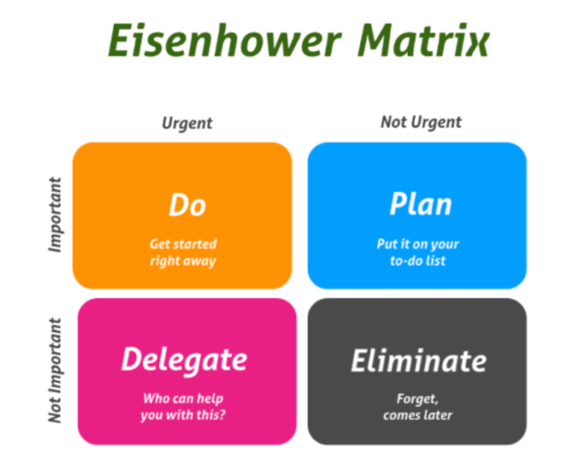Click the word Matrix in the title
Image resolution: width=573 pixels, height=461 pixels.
pos(424,40)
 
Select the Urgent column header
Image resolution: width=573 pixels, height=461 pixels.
pos(187,123)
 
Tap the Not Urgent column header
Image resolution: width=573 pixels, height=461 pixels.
pos(421,123)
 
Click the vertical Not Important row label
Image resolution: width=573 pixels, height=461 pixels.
pos(55,370)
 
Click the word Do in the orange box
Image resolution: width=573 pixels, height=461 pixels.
pos(187,205)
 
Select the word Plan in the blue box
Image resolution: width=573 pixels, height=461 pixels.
pos(421,204)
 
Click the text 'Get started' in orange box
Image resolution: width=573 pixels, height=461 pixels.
pos(183,244)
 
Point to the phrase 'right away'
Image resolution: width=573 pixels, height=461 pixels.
pos(183,261)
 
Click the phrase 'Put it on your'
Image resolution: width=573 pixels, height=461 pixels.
pos(418,244)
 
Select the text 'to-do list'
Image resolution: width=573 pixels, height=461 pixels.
pos(418,261)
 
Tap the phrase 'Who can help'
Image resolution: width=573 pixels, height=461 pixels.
pos(183,399)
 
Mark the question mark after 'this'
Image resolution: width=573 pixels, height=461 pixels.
pos(222,415)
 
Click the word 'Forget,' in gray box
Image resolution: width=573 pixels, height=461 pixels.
pos(417,399)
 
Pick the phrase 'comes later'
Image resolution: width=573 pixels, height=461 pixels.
pos(417,415)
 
